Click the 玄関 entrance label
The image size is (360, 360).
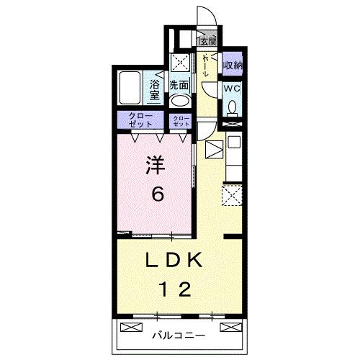[x=208, y=41]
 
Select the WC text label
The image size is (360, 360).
[x=231, y=89]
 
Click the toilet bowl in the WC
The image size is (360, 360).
[x=232, y=107]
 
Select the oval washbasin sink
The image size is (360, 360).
[x=180, y=102]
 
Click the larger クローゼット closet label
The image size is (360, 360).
[x=141, y=120]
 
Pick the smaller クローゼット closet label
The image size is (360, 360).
[x=181, y=121]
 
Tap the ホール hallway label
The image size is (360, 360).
[x=207, y=65]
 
